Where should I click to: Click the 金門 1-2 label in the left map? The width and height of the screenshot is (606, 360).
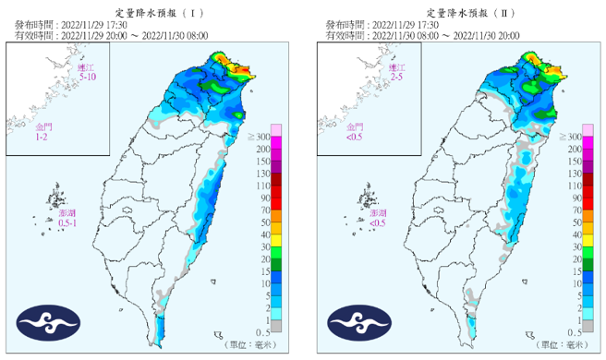pos(44,131)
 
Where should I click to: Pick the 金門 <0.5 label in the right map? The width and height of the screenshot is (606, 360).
pos(356,131)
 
